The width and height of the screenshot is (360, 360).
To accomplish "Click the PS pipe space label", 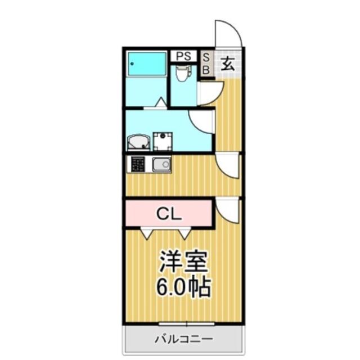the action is (x=183, y=56).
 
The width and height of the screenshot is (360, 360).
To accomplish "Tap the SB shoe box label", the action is (x=206, y=64).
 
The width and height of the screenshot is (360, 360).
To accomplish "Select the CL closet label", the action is (x=169, y=214).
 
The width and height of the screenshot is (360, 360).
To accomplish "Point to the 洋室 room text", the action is (x=183, y=262).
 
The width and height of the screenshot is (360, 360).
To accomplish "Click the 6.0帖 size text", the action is (x=183, y=287).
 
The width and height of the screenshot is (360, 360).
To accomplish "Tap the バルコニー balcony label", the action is (x=183, y=339).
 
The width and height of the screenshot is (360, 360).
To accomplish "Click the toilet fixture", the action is (x=183, y=73).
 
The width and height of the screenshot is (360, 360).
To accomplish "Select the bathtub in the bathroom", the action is (x=147, y=64).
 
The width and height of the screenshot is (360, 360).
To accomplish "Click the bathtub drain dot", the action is (x=132, y=64).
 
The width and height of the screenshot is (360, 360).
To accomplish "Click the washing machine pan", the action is (x=163, y=141).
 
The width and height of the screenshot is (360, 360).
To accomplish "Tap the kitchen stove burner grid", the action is (x=138, y=164).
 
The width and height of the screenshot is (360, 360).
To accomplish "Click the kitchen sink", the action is (x=161, y=165).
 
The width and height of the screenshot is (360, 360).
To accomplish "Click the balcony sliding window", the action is (x=186, y=324).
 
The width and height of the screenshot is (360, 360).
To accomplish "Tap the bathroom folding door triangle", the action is (x=161, y=102).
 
